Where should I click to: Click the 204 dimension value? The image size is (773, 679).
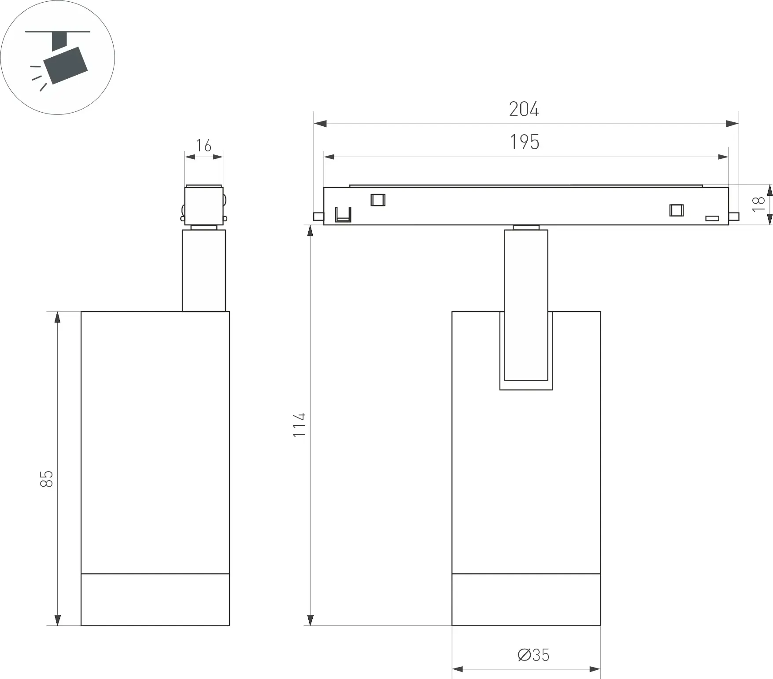point(524,109)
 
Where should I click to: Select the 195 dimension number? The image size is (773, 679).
point(524,142)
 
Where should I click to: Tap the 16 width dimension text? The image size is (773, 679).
point(203,146)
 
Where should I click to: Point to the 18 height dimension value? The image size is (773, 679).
point(758,204)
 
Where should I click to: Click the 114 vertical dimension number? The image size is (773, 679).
point(300,425)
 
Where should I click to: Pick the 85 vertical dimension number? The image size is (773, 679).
point(46,479)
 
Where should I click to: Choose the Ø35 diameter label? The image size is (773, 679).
point(533,655)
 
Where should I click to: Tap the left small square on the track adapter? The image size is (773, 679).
point(378,200)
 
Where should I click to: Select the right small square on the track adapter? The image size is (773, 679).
point(677,210)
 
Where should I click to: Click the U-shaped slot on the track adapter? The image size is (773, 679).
point(343,215)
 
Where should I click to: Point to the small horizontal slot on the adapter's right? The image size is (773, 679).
point(712,218)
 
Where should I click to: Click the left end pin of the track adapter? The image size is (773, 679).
point(318,217)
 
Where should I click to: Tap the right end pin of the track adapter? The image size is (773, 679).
point(734,217)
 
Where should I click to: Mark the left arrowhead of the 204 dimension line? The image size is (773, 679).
point(320,124)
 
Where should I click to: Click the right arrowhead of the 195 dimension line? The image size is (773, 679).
point(722,157)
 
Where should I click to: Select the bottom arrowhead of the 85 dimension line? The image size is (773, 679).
point(57,620)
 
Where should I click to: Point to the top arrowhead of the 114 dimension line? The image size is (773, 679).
point(311,231)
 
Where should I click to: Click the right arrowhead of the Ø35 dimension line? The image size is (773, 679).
point(594,669)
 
